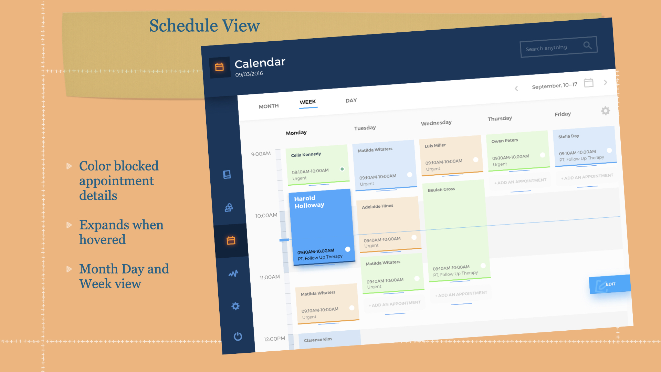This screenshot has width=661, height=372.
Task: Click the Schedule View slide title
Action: pos(204,26)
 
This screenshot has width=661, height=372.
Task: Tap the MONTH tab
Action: pos(269,106)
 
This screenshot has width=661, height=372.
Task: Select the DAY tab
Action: pos(351,101)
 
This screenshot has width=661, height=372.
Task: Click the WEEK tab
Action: pos(308,102)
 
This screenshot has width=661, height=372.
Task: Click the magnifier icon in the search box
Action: pos(588,45)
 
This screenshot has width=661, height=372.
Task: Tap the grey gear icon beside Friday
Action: pos(606,111)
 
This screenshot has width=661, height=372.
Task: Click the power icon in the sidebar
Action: pos(238,336)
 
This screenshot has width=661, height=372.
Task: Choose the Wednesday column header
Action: pos(436,123)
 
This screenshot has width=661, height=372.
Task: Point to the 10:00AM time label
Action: pos(266,216)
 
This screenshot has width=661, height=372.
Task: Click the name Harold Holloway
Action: pos(309,202)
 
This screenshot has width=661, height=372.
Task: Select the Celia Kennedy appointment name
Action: pos(306,155)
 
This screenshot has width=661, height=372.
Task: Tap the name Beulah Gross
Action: pos(441,189)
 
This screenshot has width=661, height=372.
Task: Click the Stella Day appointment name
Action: pos(569,136)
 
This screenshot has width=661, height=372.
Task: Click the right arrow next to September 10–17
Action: pos(606,82)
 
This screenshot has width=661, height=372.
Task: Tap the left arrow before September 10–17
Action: pos(516,89)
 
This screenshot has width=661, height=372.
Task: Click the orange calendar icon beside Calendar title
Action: pos(219,67)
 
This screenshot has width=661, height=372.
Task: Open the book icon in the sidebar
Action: pos(227,175)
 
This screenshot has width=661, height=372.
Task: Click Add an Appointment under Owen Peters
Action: pos(520,182)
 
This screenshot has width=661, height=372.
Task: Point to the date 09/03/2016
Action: pos(249,74)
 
